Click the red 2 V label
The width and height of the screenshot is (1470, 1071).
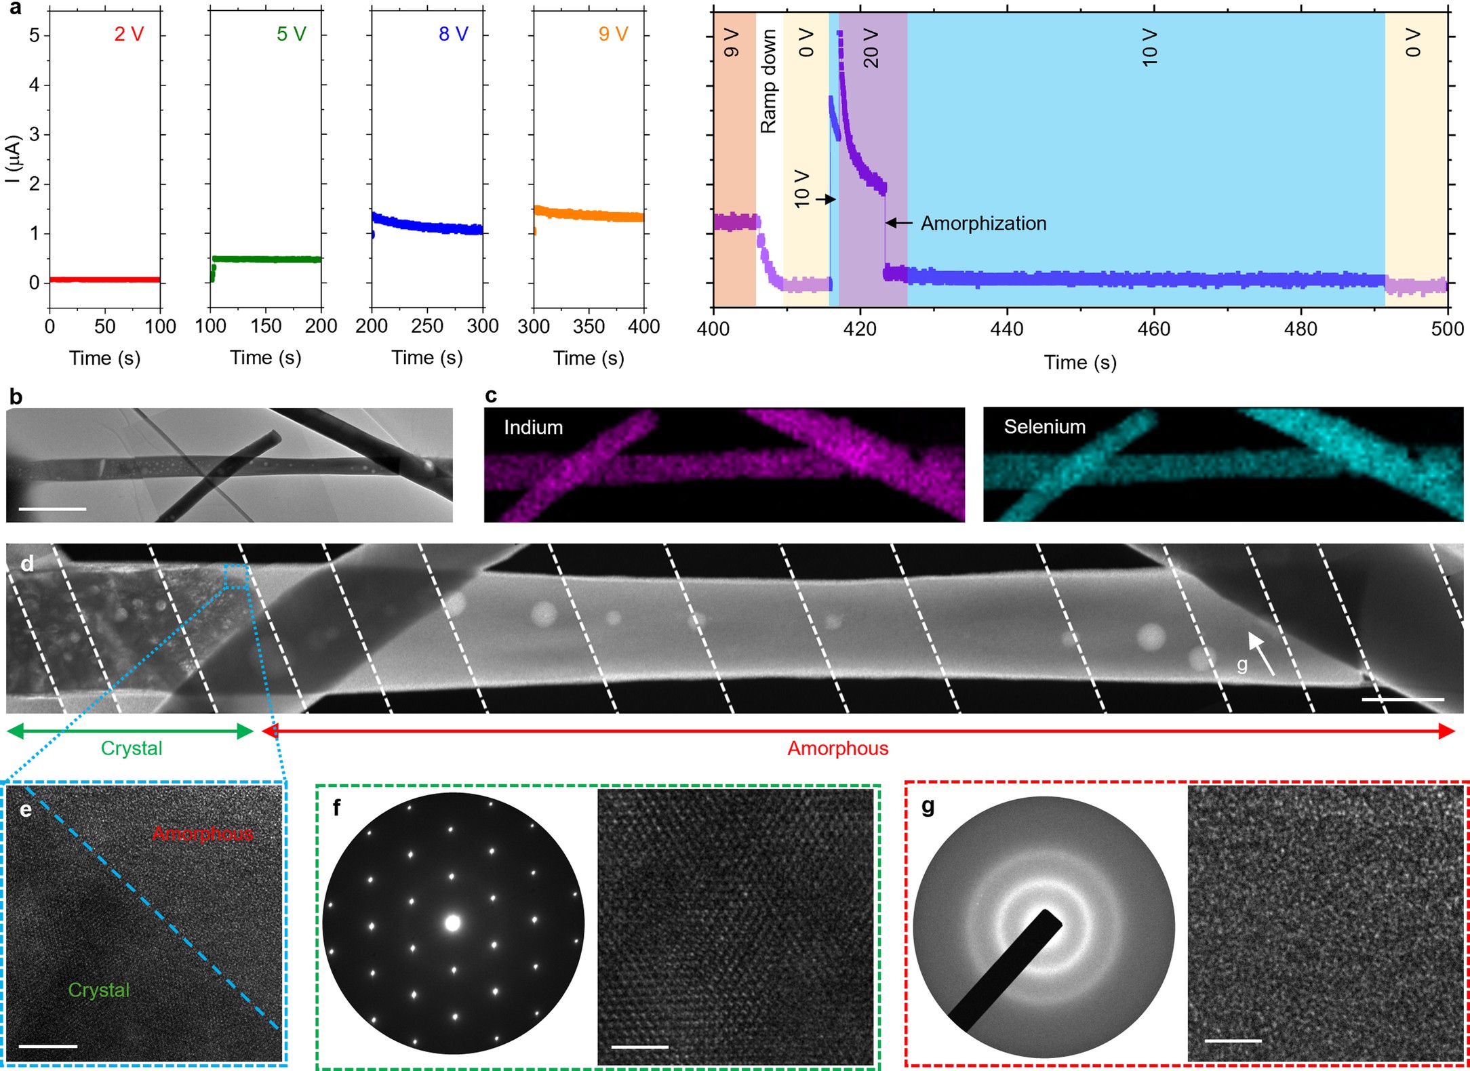click(x=129, y=34)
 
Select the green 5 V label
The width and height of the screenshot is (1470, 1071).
click(x=291, y=34)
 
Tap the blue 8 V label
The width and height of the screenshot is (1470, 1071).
click(x=453, y=34)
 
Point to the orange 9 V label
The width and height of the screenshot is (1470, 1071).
click(x=613, y=34)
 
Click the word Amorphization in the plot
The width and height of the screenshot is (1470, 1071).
click(x=983, y=223)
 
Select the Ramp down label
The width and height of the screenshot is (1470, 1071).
click(x=768, y=81)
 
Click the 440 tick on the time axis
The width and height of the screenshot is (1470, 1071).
click(x=1007, y=329)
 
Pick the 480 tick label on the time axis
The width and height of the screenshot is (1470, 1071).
click(x=1300, y=329)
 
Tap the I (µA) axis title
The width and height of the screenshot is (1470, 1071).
click(x=13, y=159)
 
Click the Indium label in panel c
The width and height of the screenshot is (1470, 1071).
click(x=533, y=427)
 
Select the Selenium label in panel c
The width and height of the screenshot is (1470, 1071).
click(x=1044, y=426)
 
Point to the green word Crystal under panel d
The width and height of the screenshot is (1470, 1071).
click(x=132, y=748)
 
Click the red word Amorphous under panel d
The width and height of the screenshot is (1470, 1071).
click(x=837, y=748)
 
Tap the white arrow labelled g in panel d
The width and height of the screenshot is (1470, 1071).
click(x=1261, y=653)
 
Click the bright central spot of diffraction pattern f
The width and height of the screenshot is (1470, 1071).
click(x=452, y=923)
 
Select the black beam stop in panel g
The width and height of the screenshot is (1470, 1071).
click(x=1006, y=970)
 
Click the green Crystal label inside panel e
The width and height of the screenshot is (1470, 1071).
click(x=99, y=990)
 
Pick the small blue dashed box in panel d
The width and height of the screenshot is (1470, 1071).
click(x=235, y=576)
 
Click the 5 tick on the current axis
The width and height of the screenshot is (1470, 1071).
click(x=34, y=35)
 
